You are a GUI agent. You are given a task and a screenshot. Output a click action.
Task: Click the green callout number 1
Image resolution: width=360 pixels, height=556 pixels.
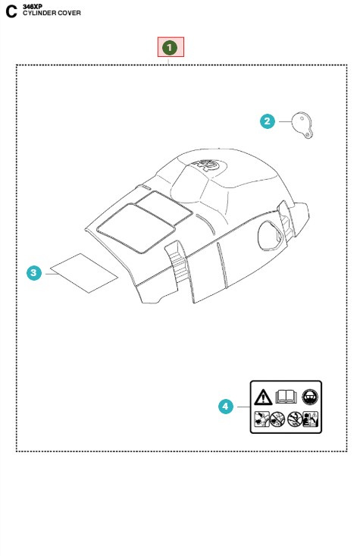pos(171,47)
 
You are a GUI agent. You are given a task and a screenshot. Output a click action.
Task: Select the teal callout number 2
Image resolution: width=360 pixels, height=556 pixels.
pos(267,121)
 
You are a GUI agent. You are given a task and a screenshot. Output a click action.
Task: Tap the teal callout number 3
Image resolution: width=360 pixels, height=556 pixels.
pos(33,273)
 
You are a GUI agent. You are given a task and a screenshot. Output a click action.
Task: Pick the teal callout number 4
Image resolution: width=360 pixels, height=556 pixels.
pos(225,407)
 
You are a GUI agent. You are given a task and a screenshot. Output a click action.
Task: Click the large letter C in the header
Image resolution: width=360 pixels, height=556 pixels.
pos(11,12)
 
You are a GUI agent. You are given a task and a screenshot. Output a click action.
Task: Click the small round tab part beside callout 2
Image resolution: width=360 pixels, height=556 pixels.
pos(304,124)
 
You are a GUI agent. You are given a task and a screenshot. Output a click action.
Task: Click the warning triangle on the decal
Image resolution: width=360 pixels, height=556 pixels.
pos(263,395)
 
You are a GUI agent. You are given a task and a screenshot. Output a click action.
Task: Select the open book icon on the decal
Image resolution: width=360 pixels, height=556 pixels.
pos(286,395)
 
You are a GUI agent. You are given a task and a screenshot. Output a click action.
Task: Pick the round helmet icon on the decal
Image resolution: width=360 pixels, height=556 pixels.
pos(309,395)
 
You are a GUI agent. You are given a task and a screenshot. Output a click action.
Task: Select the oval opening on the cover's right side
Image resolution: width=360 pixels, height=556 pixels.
pos(269,235)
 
